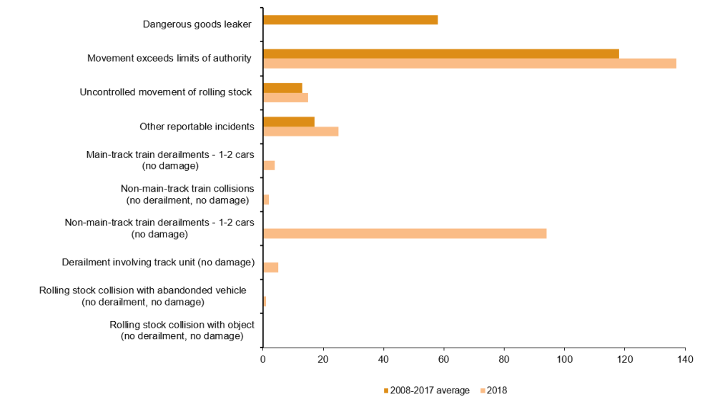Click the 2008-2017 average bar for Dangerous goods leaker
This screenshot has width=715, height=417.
pos(350,20)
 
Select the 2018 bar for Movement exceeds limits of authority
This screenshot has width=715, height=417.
pos(470,64)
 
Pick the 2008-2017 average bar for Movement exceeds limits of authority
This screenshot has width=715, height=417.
pos(441,54)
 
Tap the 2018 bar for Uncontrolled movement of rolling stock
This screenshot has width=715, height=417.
pos(285,97)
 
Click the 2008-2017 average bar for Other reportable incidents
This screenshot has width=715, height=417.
pos(289,122)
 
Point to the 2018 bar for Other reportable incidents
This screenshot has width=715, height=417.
pos(300,132)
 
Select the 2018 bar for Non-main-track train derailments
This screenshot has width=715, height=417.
pos(405,233)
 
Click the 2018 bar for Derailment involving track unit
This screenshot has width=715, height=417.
pos(270,268)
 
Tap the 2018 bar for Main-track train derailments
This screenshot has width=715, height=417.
pos(269,165)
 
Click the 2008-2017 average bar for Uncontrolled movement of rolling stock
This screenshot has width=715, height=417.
pos(282,87)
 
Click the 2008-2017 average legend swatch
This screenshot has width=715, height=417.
pos(387,391)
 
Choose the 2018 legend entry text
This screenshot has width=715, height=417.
pos(498,391)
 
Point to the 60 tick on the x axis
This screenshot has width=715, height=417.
pos(444,350)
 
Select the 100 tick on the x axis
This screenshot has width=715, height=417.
pos(564,350)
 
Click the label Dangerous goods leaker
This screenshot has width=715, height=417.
pos(197,24)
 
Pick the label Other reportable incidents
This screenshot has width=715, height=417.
pos(197,127)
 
